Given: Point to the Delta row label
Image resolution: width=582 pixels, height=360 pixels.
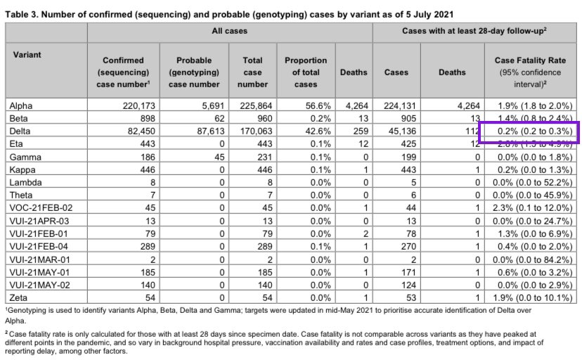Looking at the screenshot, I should click(21, 130).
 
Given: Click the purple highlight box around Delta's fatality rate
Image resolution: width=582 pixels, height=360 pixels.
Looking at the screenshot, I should click(529, 131).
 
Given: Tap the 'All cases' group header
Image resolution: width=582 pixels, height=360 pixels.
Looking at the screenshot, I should click(231, 31).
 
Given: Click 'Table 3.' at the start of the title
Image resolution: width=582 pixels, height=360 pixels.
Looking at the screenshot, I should click(26, 13).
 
